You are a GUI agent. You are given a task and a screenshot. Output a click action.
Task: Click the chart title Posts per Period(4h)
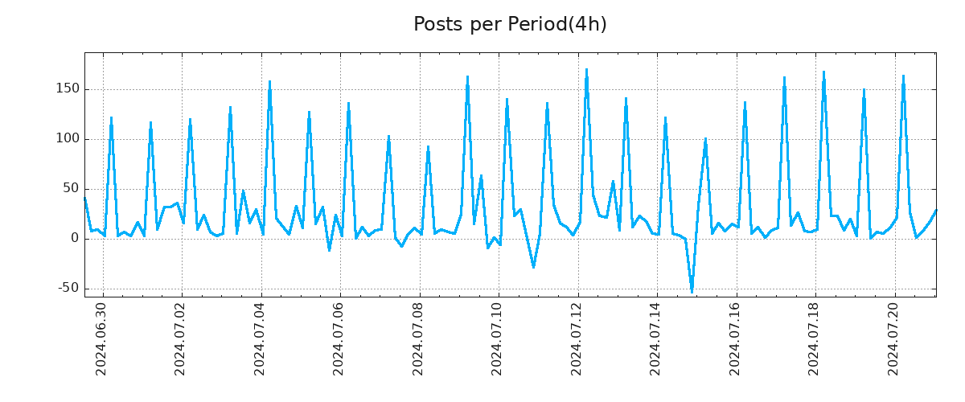[510, 24]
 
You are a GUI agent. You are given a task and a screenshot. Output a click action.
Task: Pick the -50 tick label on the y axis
[67, 288]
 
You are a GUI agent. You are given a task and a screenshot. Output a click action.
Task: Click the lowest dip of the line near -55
[692, 292]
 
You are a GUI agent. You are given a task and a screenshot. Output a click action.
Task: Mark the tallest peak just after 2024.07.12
[586, 70]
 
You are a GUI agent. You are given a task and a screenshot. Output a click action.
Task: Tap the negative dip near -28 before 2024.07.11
[533, 267]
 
